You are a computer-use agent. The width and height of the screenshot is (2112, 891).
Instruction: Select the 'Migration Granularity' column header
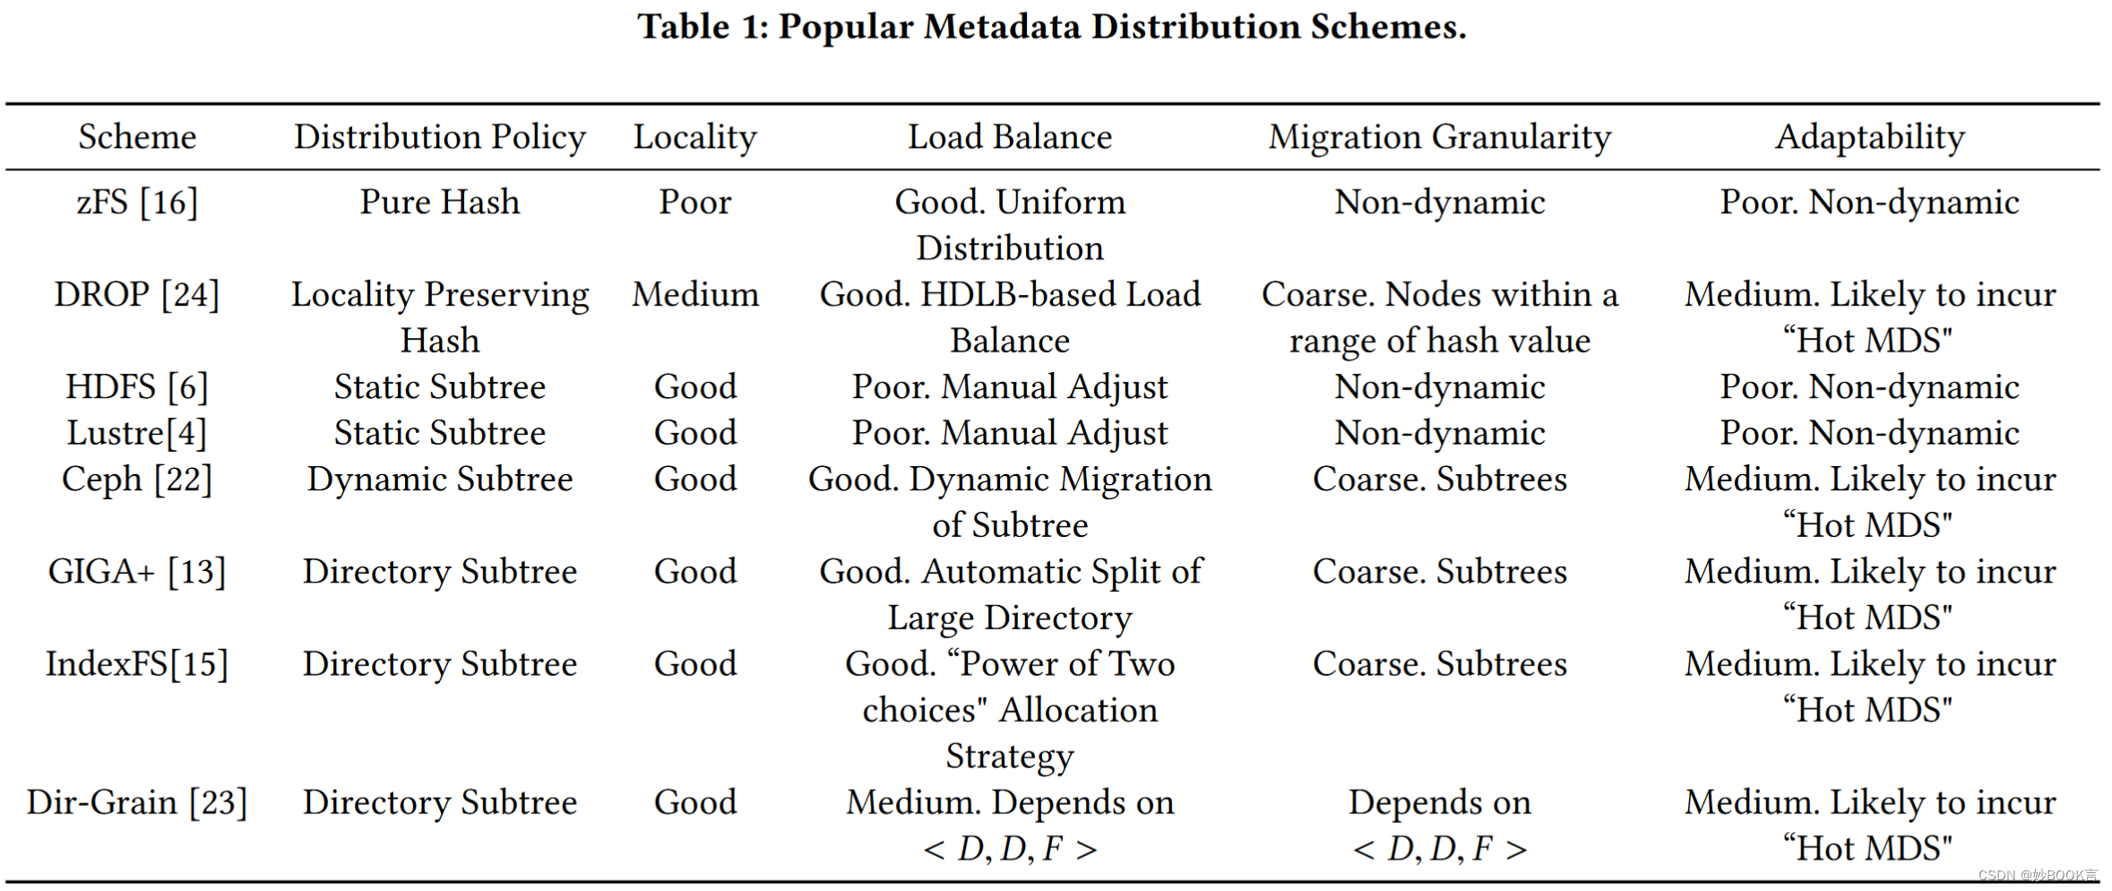tap(1439, 137)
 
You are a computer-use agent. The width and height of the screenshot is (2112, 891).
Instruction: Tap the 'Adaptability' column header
tap(1869, 137)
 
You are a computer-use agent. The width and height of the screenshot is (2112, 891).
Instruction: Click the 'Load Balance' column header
tap(1010, 137)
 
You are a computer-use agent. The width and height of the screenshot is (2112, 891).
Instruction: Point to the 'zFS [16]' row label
tap(137, 203)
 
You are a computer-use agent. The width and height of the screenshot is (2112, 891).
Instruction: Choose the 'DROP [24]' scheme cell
tap(137, 295)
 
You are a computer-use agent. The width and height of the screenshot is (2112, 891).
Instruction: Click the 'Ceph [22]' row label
tap(137, 480)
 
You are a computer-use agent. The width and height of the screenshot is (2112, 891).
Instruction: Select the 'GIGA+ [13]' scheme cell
tap(137, 572)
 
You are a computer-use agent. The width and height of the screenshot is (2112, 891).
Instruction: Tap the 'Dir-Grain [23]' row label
tap(137, 802)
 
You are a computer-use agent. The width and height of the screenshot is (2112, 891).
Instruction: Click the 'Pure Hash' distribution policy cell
tap(439, 203)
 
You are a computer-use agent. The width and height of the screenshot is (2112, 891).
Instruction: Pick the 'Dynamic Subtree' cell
tap(439, 480)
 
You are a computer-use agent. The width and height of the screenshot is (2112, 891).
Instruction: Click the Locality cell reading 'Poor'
tap(694, 203)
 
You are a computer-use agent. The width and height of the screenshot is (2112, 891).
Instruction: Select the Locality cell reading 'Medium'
tap(694, 295)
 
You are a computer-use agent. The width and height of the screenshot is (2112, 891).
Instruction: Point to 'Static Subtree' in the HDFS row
tap(439, 387)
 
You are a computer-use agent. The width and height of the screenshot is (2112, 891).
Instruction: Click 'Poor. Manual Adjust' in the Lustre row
tap(1010, 434)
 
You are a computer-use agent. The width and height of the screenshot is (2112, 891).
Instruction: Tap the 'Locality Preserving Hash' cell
tap(439, 317)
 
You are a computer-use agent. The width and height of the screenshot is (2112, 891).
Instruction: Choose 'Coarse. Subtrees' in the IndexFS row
tap(1439, 664)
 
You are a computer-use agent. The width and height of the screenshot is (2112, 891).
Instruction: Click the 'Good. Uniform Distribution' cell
tap(1010, 225)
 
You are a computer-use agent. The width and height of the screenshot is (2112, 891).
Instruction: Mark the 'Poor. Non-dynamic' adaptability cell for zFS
tap(1869, 203)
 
